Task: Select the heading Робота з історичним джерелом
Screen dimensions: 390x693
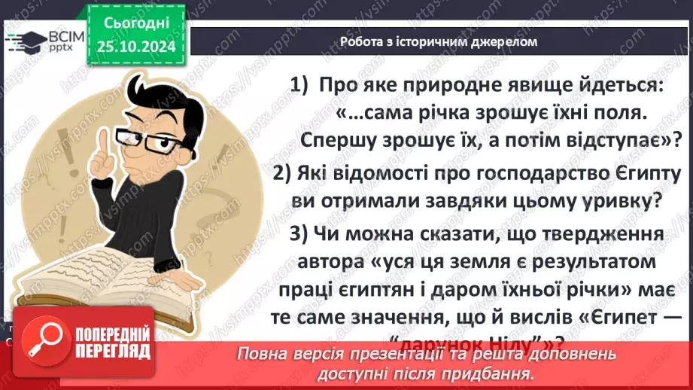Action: coord(439,41)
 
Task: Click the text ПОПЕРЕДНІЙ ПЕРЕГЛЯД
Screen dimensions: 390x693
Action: coord(110,340)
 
